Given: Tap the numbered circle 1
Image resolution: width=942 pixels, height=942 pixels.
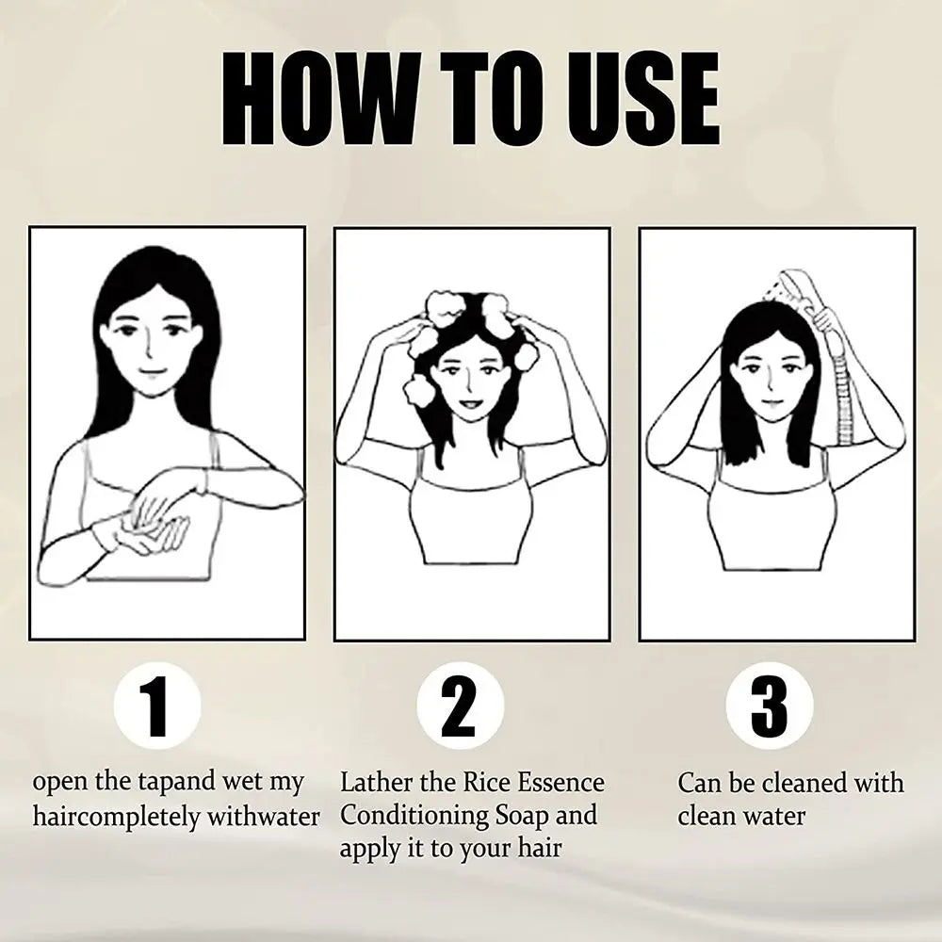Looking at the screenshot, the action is (157, 705).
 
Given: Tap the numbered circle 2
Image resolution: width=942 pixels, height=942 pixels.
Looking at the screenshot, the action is (461, 705).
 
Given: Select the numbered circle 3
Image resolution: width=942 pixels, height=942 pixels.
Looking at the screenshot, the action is (770, 705).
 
